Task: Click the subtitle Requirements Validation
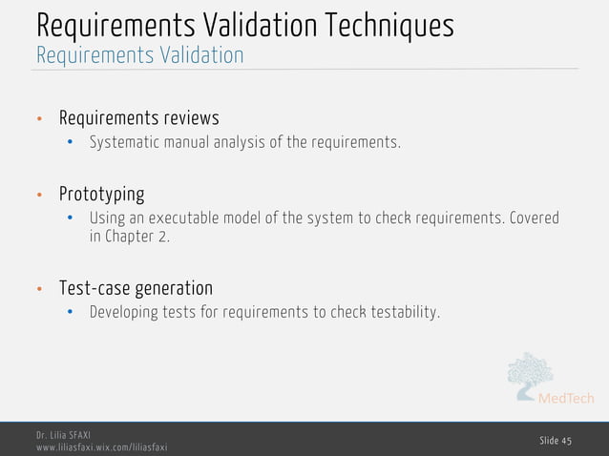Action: (139, 55)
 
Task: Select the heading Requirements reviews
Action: (139, 118)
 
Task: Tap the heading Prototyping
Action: (102, 195)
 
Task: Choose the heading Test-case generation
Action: (136, 288)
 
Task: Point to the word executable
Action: (179, 218)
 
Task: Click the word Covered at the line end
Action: (535, 218)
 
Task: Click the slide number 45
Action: (556, 439)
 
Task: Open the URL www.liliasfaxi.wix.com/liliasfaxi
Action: (102, 447)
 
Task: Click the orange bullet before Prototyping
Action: (40, 196)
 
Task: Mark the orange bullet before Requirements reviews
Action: (40, 119)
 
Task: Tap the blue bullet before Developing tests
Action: (71, 313)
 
